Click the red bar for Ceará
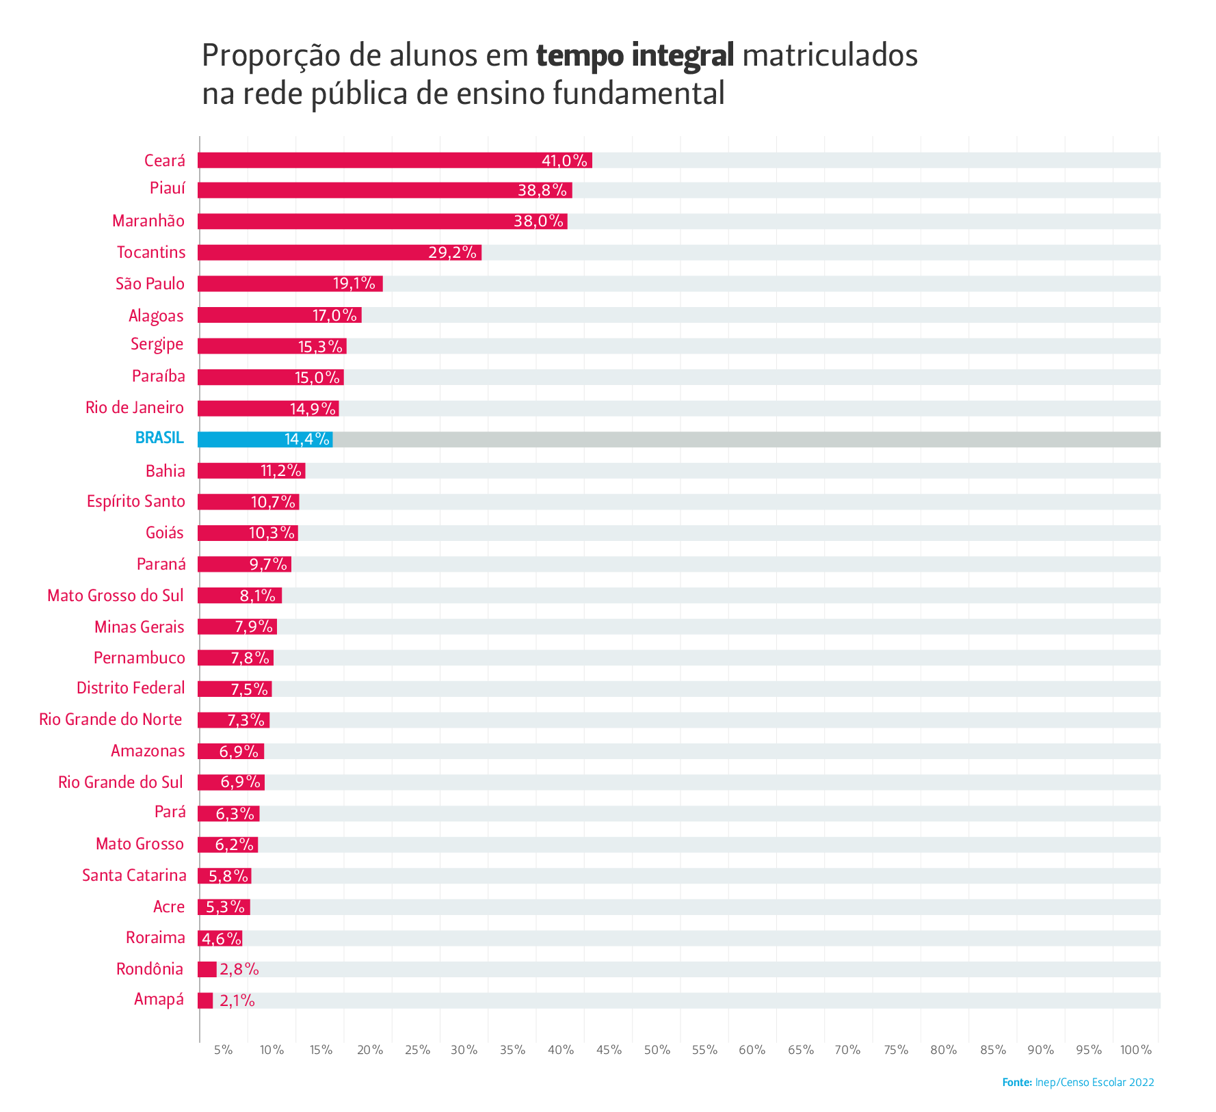coord(395,160)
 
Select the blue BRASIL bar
coord(265,439)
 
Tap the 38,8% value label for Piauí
coord(542,190)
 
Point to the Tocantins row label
coord(151,252)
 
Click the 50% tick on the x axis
coord(657,1050)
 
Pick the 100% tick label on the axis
coord(1136,1050)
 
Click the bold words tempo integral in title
coord(635,55)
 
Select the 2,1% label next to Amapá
coord(237,1001)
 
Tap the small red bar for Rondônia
coord(207,969)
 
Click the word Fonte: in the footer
coord(1016,1083)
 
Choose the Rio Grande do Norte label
coord(111,719)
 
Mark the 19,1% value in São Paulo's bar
coord(354,284)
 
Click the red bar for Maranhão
coord(382,221)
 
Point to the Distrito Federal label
coord(131,688)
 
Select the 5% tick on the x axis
coord(223,1050)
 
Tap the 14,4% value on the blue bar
coord(307,439)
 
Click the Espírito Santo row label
coord(136,501)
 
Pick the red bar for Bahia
coord(251,471)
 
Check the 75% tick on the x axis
coord(896,1050)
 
